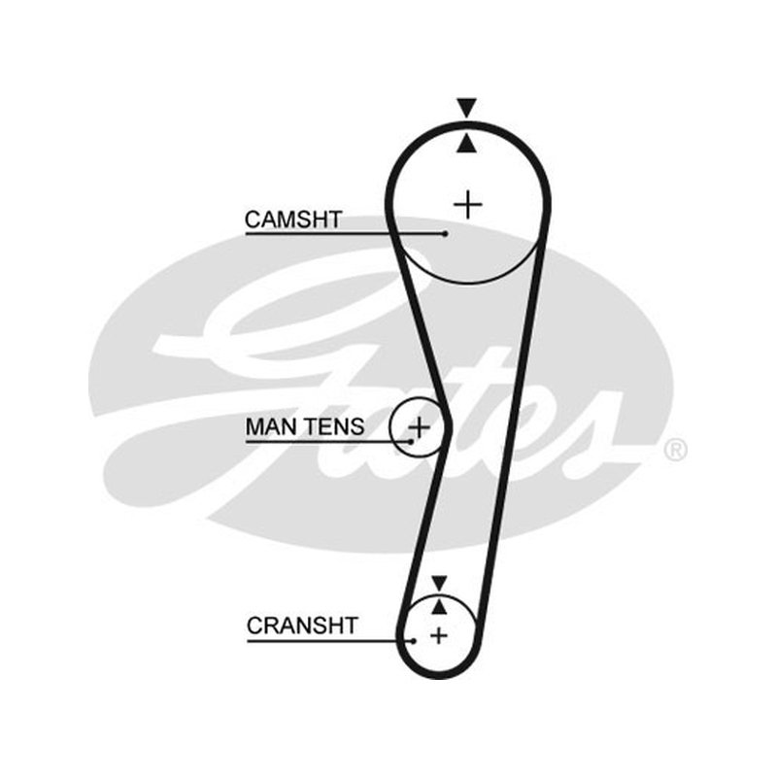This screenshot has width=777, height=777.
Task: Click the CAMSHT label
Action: [293, 220]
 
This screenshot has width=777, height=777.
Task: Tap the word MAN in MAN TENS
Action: [271, 426]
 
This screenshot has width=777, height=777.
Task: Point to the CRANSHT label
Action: [302, 625]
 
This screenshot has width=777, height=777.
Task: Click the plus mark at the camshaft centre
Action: [468, 204]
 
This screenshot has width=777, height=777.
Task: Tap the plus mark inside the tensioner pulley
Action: [419, 426]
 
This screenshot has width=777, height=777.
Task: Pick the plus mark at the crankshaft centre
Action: [439, 635]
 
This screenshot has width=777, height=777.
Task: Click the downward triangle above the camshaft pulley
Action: [467, 107]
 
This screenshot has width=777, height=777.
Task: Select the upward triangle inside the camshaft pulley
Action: [467, 143]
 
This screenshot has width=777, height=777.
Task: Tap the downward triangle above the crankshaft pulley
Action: [439, 583]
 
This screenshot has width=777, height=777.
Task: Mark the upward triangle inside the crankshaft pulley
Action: [439, 606]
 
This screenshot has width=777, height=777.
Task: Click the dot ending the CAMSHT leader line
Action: [446, 233]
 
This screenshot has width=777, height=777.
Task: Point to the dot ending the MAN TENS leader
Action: [411, 441]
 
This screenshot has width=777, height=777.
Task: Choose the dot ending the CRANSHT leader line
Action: [414, 641]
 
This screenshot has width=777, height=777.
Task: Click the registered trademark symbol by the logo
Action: [675, 450]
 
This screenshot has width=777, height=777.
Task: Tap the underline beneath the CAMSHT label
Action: [346, 233]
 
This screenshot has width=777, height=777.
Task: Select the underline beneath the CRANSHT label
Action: [330, 641]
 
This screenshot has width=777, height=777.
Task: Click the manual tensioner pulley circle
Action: [391, 426]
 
